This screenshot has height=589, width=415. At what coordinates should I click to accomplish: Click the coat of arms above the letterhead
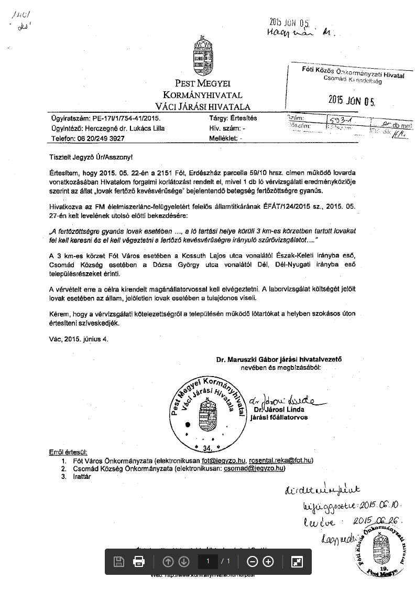point(204,56)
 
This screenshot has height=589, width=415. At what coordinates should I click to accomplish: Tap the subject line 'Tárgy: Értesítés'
point(233,119)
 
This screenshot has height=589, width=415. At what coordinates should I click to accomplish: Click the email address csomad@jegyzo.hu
point(254,468)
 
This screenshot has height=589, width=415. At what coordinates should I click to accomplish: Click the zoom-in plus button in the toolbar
point(268,562)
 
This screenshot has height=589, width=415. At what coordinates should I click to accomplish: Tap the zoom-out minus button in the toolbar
point(253,562)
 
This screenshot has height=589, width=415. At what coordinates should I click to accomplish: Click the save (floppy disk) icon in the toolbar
point(119,562)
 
